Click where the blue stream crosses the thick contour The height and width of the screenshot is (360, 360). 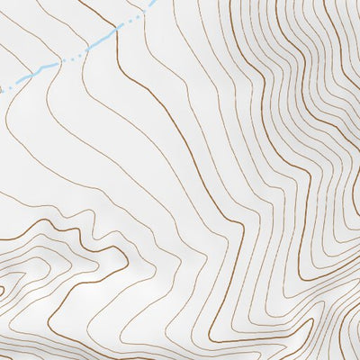pyautogui.click(x=115, y=34)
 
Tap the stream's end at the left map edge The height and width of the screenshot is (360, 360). pyautogui.click(x=2, y=89)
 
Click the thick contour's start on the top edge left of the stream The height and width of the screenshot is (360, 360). pyautogui.click(x=79, y=2)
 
